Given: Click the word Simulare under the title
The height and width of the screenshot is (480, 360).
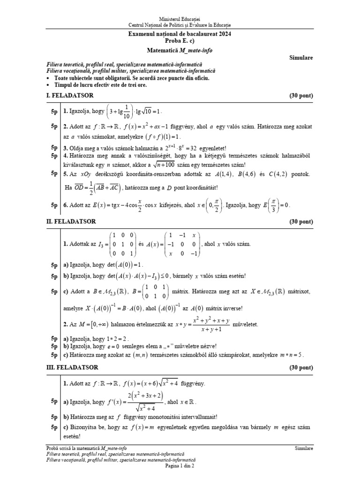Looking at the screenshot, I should click(x=301, y=58).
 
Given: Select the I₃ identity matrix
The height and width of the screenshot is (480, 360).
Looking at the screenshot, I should click(x=123, y=244).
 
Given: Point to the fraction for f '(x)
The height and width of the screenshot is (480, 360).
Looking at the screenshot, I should click(x=138, y=402).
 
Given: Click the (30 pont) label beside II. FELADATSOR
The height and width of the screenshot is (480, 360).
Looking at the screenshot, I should click(x=301, y=221).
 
